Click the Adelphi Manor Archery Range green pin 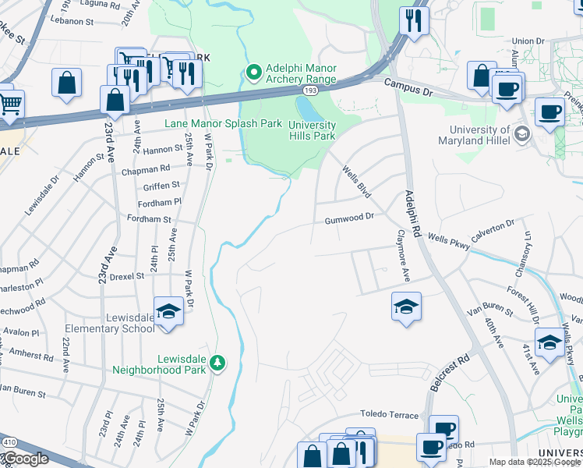(x=253, y=73)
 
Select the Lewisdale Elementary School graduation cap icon (x=168, y=313)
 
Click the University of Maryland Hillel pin (x=521, y=134)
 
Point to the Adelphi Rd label (x=411, y=214)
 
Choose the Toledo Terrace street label (x=389, y=413)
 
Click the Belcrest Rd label (x=450, y=372)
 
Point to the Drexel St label (x=127, y=276)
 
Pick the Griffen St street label (x=161, y=186)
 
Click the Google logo (x=25, y=459)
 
